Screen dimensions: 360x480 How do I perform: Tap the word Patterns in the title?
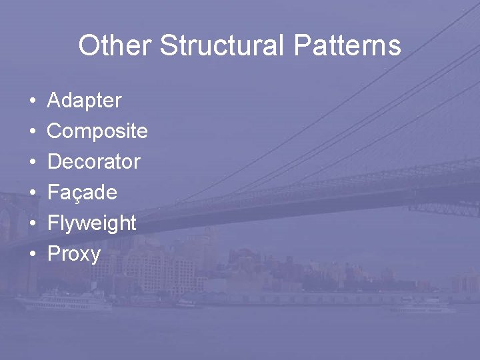pyautogui.click(x=346, y=46)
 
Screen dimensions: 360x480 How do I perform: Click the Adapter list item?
pyautogui.click(x=85, y=101)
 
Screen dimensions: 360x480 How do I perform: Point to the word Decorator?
pyautogui.click(x=94, y=162)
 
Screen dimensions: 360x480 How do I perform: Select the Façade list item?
pyautogui.click(x=82, y=193)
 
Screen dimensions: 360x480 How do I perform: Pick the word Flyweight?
pyautogui.click(x=92, y=223)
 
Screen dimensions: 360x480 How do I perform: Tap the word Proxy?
pyautogui.click(x=74, y=254)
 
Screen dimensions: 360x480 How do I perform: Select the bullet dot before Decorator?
pyautogui.click(x=33, y=163)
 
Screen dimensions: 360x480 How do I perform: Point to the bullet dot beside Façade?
pyautogui.click(x=33, y=193)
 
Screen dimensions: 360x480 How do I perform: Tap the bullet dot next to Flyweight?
pyautogui.click(x=33, y=224)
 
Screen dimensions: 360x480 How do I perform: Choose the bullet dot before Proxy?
pyautogui.click(x=33, y=255)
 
